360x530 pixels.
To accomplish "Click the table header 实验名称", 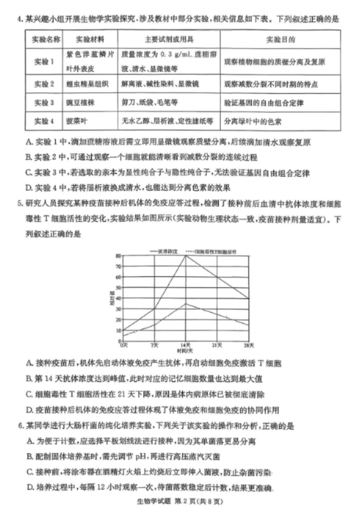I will coord(44,40).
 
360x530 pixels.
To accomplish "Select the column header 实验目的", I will coord(280,40).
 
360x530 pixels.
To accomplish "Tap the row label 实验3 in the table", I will coord(44,103).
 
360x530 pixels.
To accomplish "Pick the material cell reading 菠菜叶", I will coord(76,120).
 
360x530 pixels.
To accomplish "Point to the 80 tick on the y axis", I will coord(118,255).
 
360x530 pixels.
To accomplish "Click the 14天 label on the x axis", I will coord(186,345).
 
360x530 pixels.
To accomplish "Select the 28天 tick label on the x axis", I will coord(249,345).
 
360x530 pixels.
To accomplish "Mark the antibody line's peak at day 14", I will coord(186,255).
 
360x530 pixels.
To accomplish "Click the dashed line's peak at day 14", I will coord(186,303).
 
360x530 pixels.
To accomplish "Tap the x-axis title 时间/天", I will coord(185,351).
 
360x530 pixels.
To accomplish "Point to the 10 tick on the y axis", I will coord(118,330).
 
